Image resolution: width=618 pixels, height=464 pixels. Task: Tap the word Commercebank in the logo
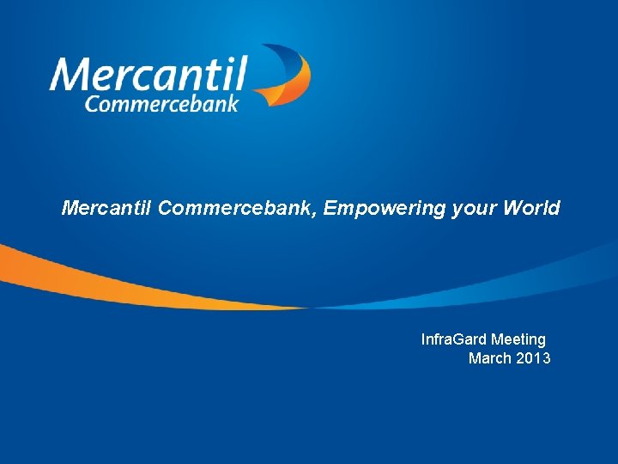161,102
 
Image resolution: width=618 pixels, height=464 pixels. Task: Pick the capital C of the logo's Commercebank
92,103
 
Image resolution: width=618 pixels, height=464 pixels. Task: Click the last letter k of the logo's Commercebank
233,101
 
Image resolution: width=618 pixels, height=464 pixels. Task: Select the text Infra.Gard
453,339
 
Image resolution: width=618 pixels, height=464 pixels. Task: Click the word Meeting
518,339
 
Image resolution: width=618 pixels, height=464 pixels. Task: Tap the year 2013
534,358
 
